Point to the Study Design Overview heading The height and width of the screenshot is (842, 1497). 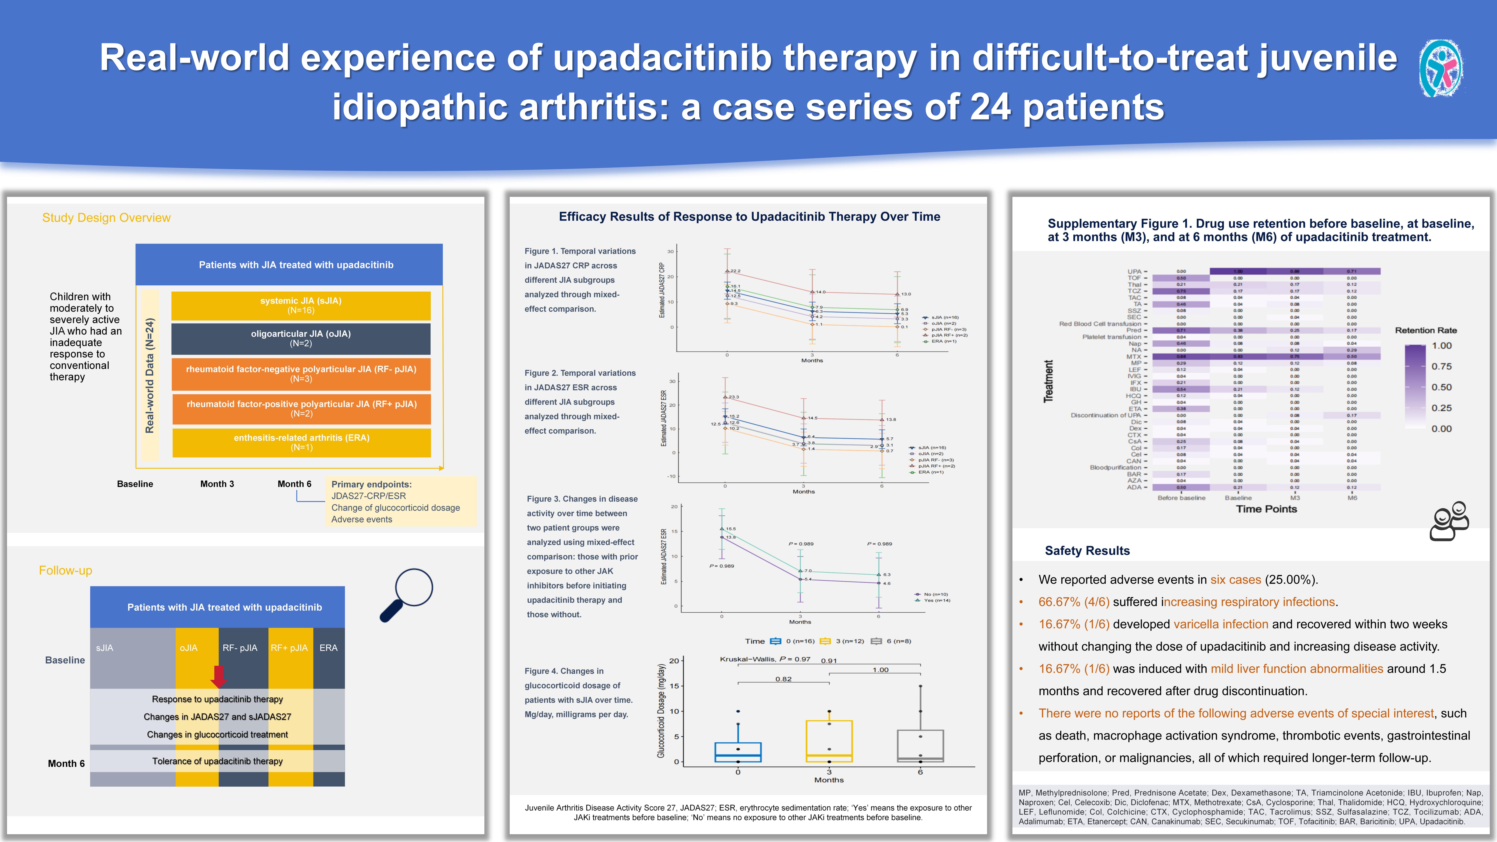[106, 218]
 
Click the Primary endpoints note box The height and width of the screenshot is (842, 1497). [400, 501]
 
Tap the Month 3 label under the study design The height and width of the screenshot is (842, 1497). [217, 484]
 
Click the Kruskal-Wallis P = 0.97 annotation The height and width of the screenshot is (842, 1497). [765, 659]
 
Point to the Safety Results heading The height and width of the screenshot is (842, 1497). [1087, 551]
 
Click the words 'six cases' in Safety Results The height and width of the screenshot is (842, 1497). [1235, 580]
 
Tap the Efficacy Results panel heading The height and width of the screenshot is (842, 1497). [749, 217]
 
